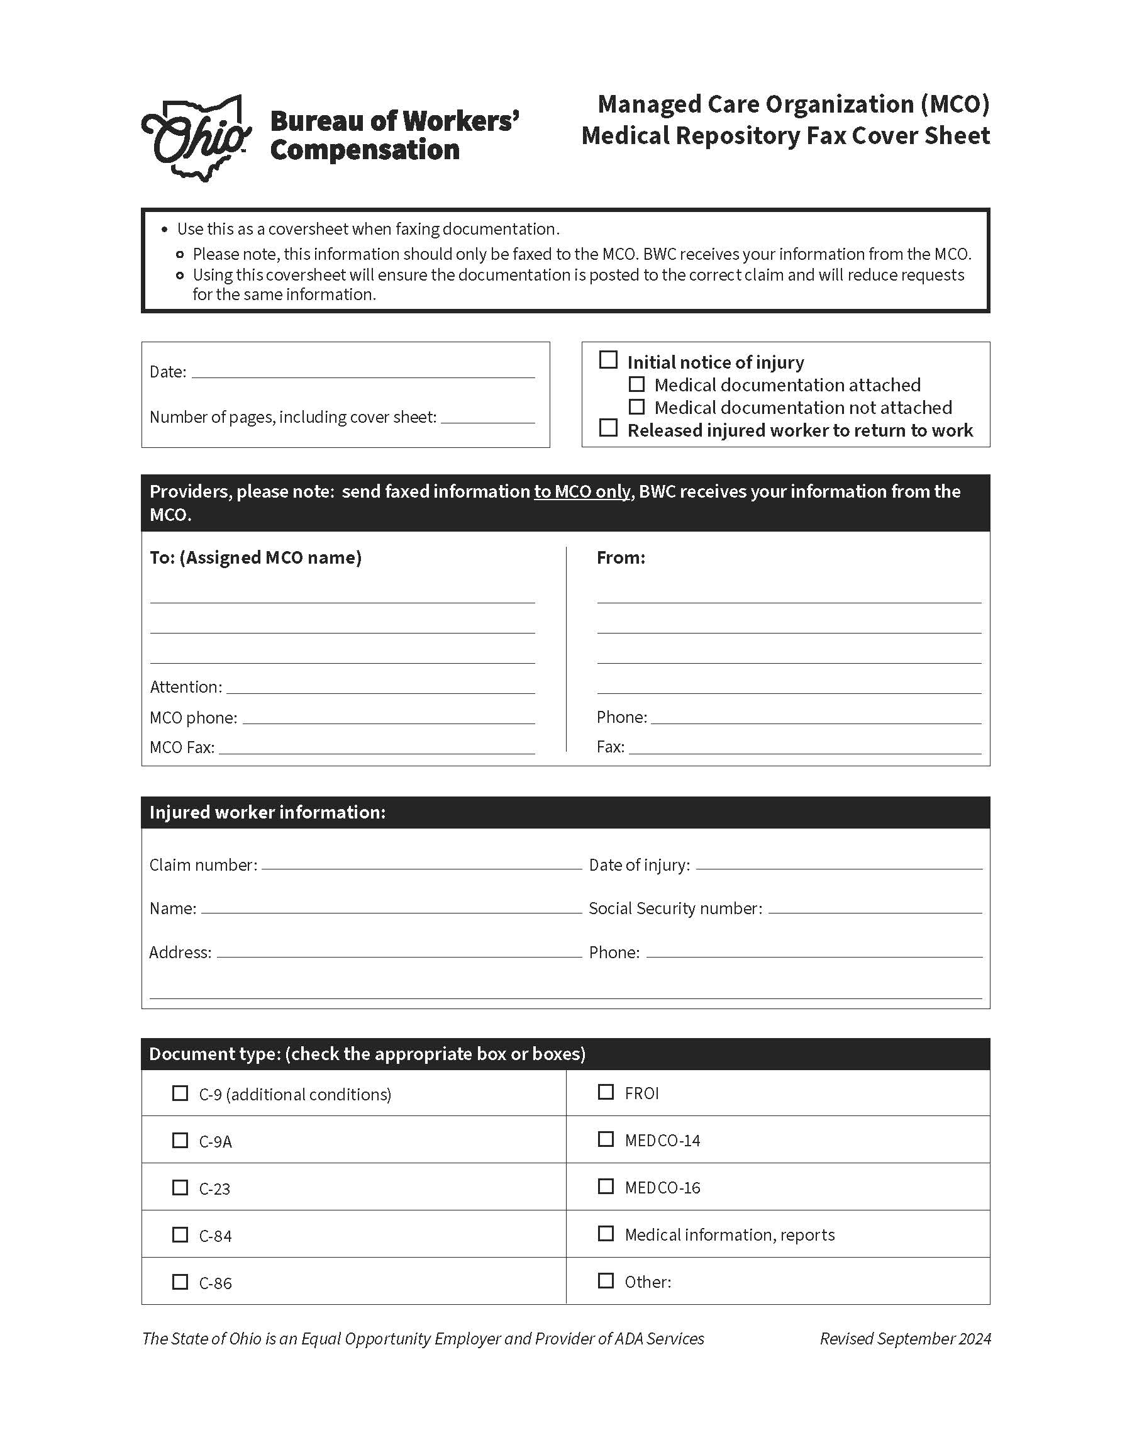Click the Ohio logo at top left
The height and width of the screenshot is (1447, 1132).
point(196,138)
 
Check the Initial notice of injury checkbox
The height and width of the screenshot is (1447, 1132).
point(608,360)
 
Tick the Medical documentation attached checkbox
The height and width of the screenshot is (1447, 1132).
point(636,384)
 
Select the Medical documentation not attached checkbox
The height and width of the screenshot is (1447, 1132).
point(636,406)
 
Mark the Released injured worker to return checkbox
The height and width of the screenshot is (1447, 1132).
point(608,428)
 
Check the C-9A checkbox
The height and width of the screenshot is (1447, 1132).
point(180,1140)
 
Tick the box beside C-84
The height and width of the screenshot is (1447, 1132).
point(180,1234)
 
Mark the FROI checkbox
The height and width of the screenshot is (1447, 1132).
point(606,1092)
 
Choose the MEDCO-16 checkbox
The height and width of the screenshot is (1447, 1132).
point(606,1186)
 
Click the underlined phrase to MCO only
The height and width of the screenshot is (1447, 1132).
point(582,492)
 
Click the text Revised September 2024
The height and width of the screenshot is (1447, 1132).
point(905,1338)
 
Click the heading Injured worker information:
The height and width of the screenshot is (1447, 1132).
point(267,812)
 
